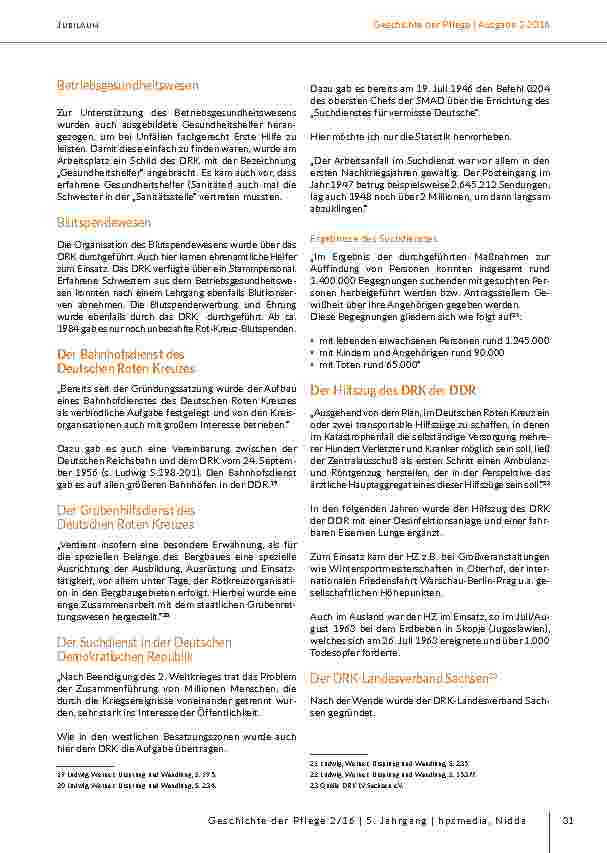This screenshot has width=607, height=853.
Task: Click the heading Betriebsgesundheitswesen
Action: (x=127, y=86)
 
